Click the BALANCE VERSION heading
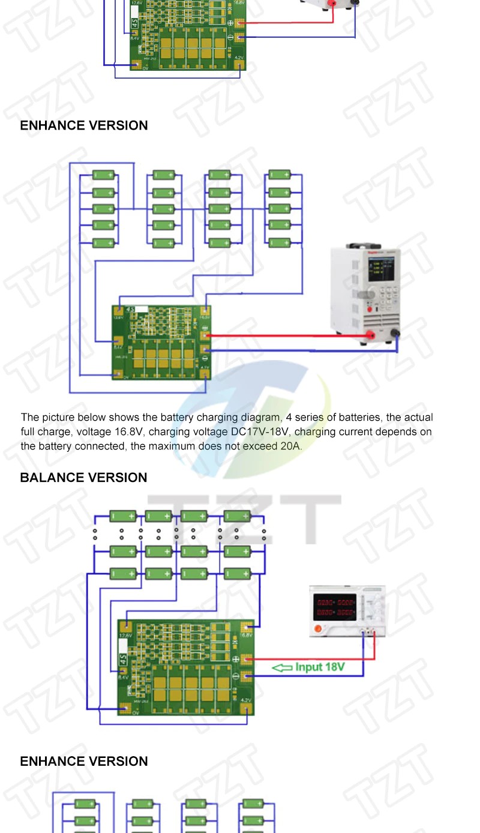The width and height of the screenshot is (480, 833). click(83, 478)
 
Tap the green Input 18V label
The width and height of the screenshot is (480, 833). click(320, 667)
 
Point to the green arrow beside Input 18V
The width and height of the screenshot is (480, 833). click(282, 667)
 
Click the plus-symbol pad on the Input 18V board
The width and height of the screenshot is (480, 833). click(236, 660)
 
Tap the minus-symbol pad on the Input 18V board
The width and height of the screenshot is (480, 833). click(236, 677)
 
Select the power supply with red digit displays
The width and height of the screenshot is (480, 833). click(346, 611)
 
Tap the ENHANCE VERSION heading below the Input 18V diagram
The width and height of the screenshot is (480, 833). click(83, 762)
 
